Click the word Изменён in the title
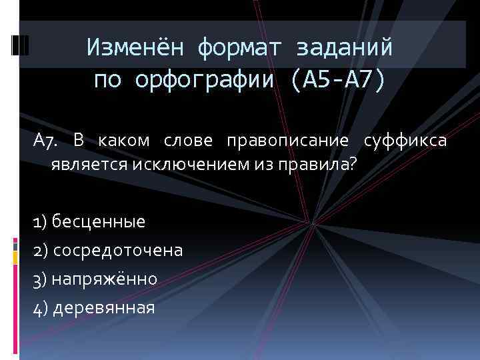pyautogui.click(x=134, y=47)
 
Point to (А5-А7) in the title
pyautogui.click(x=337, y=80)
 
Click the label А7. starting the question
pyautogui.click(x=46, y=141)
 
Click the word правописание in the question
pyautogui.click(x=287, y=141)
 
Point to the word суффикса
pyautogui.click(x=405, y=141)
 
